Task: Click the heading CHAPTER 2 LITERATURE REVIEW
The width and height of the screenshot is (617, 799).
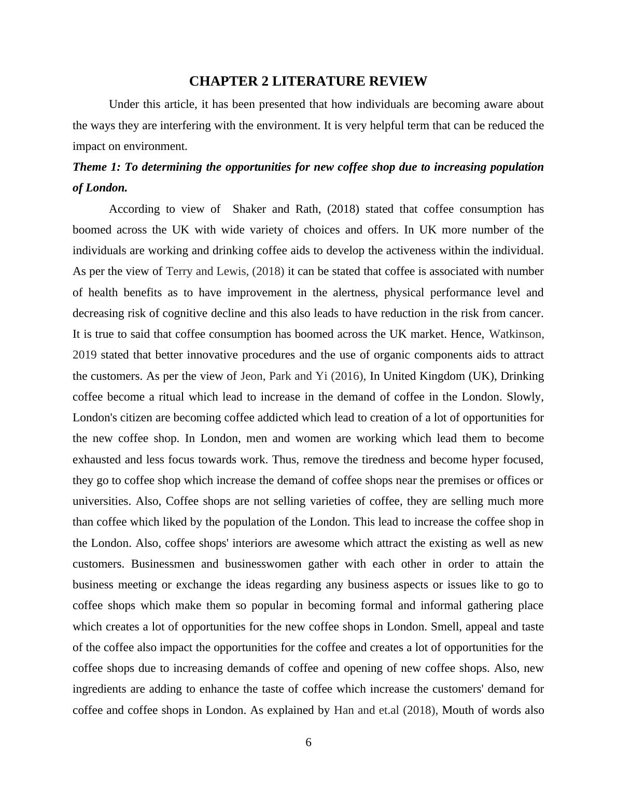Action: point(308,81)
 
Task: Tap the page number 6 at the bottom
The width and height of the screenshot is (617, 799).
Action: point(308,742)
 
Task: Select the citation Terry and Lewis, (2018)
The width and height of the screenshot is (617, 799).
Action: point(225,271)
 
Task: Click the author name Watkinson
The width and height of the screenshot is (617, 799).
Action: point(516,334)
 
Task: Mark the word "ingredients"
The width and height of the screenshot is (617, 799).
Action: point(99,690)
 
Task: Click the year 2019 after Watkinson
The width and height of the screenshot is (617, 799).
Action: point(85,355)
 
